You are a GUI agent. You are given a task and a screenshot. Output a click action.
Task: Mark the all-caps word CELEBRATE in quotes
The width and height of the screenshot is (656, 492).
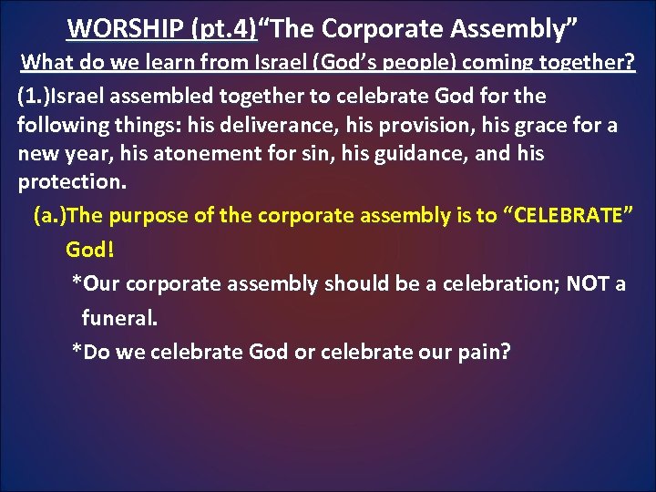569,217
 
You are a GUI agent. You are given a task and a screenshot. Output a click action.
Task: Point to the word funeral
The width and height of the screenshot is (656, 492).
119,318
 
